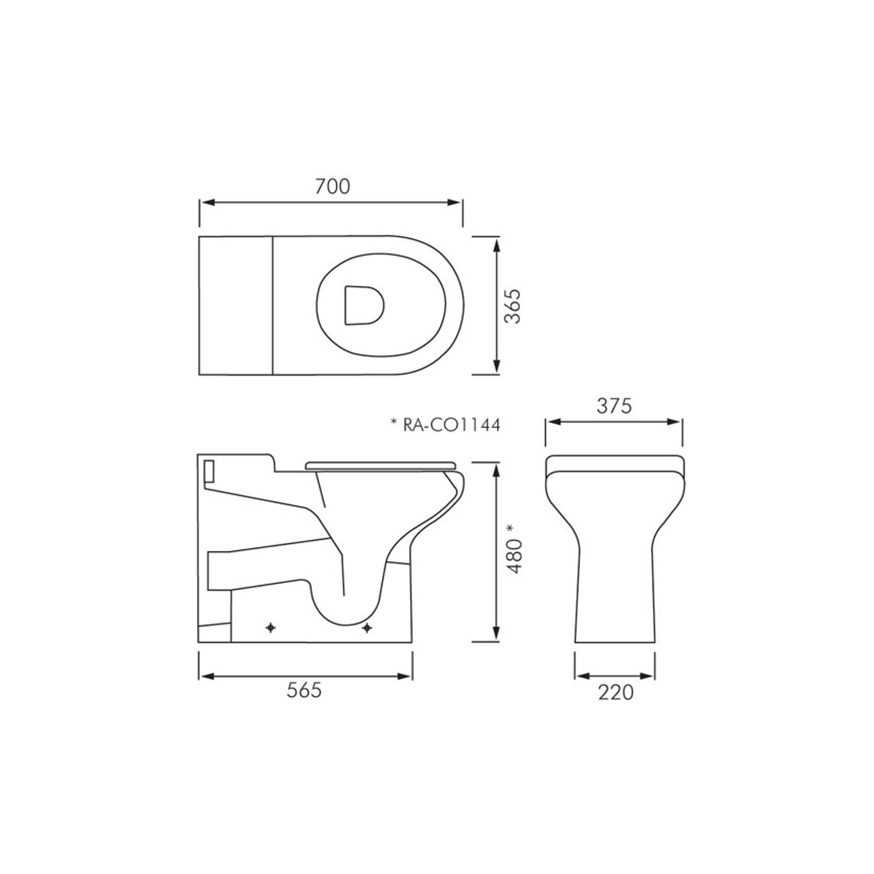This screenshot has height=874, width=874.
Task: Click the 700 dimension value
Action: point(332,187)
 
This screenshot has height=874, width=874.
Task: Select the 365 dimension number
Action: point(514,306)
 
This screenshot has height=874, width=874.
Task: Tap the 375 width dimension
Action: point(614,405)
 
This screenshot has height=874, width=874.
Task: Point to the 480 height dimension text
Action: point(515,557)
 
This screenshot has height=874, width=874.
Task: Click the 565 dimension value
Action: point(305,690)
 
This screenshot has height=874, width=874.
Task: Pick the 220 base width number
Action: point(615,693)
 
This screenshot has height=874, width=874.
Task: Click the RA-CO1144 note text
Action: point(451,425)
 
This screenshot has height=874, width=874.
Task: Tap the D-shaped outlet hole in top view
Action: point(363,305)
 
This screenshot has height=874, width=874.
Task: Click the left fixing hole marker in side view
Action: point(271,628)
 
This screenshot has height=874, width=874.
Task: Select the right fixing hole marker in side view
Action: point(367,628)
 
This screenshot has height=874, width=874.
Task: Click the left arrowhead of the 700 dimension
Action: point(207,202)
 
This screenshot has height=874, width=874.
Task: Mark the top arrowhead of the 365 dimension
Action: point(496,244)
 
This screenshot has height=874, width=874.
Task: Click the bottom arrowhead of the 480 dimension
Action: point(496,635)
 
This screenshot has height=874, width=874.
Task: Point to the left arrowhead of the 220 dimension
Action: point(581,676)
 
